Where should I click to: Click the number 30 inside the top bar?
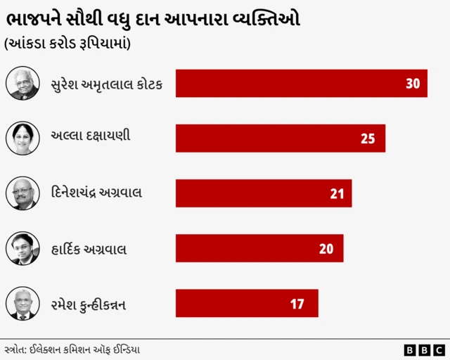pyautogui.click(x=413, y=84)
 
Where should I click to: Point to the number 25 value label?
pyautogui.click(x=368, y=139)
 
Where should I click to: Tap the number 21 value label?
pyautogui.click(x=337, y=193)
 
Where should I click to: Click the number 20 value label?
pyautogui.click(x=326, y=248)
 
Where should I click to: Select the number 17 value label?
pyautogui.click(x=297, y=304)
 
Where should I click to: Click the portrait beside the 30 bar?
pyautogui.click(x=22, y=83)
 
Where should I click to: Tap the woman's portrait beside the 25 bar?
pyautogui.click(x=22, y=138)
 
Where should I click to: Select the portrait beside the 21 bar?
pyautogui.click(x=22, y=193)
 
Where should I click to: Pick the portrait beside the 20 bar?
pyautogui.click(x=22, y=248)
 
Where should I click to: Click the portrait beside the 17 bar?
pyautogui.click(x=22, y=303)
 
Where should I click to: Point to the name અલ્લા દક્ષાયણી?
pyautogui.click(x=91, y=137)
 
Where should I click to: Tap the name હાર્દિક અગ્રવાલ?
pyautogui.click(x=89, y=249)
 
